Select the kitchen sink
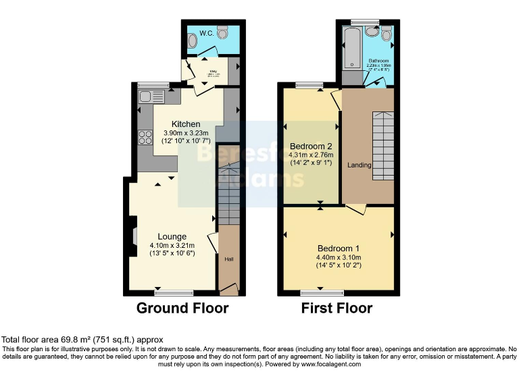point(147,97)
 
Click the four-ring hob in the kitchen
point(145,137)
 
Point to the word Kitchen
point(186,124)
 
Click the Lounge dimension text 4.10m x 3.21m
point(172,245)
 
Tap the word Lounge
point(172,236)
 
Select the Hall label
point(228,257)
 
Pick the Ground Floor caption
point(182,309)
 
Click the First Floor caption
point(337,309)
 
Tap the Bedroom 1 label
point(339,248)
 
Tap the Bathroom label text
point(378,61)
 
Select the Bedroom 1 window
point(320,293)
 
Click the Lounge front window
point(173,293)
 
